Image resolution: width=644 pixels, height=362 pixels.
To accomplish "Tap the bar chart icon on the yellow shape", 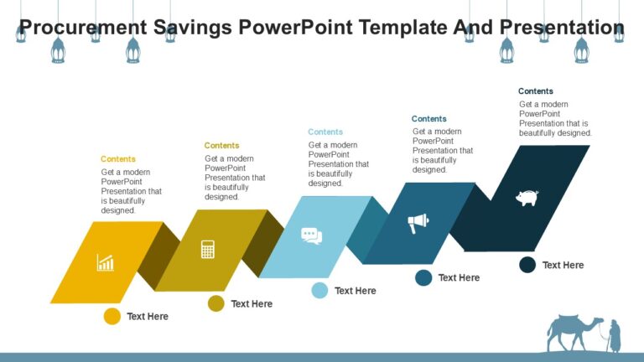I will pyautogui.click(x=105, y=262).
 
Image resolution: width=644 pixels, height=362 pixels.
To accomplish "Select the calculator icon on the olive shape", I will pyautogui.click(x=208, y=249).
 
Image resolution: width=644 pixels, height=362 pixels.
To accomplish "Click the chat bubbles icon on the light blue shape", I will pyautogui.click(x=312, y=236).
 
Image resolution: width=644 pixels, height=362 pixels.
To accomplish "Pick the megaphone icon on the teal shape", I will pyautogui.click(x=418, y=223).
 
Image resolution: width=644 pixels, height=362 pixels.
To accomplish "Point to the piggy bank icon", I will pyautogui.click(x=527, y=198).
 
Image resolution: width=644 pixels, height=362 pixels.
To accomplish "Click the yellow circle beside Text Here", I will pyautogui.click(x=112, y=316).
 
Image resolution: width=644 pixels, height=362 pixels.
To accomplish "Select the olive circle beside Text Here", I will pyautogui.click(x=216, y=303).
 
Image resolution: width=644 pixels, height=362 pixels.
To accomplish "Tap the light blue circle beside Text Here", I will pyautogui.click(x=319, y=291).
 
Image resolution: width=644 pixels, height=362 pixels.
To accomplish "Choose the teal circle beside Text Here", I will pyautogui.click(x=423, y=277).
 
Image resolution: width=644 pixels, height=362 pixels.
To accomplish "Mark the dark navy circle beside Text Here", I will pyautogui.click(x=527, y=265).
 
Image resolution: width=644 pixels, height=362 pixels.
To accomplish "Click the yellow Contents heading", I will pyautogui.click(x=118, y=159).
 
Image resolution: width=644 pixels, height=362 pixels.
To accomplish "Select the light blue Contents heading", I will pyautogui.click(x=325, y=132).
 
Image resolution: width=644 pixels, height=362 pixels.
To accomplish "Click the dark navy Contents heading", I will pyautogui.click(x=536, y=91).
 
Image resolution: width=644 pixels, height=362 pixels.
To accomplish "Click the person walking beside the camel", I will pyautogui.click(x=614, y=336).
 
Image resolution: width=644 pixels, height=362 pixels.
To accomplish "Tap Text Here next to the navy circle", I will pyautogui.click(x=563, y=265).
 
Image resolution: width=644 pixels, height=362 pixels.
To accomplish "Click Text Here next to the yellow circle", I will pyautogui.click(x=148, y=316).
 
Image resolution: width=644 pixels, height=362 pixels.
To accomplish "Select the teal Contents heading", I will pyautogui.click(x=429, y=119).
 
